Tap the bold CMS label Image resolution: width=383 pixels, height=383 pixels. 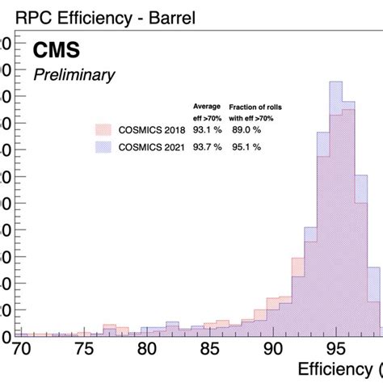tap(56, 52)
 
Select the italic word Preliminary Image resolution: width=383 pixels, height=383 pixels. tap(74, 75)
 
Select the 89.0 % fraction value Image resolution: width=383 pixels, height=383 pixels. tap(246, 130)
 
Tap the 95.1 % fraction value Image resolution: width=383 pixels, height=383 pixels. tap(246, 146)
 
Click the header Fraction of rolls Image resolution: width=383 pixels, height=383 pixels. tap(255, 107)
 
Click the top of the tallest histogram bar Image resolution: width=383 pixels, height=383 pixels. tap(336, 82)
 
